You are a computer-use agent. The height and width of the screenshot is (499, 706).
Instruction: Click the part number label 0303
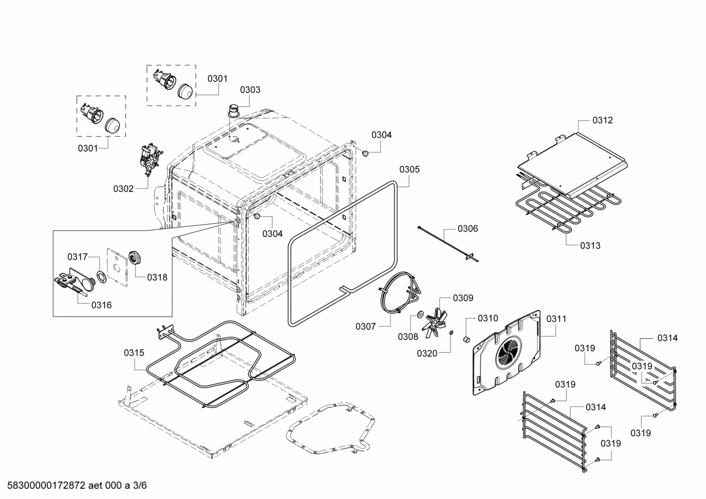250,90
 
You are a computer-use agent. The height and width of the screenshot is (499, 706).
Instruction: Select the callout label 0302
123,189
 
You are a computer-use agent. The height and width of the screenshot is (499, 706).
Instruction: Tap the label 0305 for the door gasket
409,169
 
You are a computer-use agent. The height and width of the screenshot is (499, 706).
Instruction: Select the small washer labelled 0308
421,314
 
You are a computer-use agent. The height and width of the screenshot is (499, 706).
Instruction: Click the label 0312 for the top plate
602,120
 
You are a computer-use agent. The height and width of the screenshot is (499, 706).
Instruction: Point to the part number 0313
590,245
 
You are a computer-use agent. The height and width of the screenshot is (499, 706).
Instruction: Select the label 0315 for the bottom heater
134,352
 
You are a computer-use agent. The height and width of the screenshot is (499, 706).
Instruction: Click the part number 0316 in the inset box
101,305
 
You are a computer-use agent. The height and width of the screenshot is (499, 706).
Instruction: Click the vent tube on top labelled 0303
235,111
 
